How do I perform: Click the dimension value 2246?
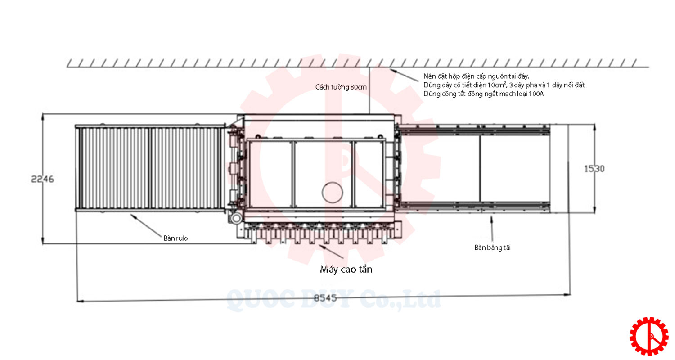42,179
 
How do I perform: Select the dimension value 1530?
594,169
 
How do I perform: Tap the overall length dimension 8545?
325,298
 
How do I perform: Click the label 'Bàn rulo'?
175,238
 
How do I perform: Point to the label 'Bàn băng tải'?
492,247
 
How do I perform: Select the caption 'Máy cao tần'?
346,269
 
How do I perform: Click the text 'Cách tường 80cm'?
341,87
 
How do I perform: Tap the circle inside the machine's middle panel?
332,192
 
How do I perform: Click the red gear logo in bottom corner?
649,336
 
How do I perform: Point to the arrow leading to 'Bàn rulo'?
146,225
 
